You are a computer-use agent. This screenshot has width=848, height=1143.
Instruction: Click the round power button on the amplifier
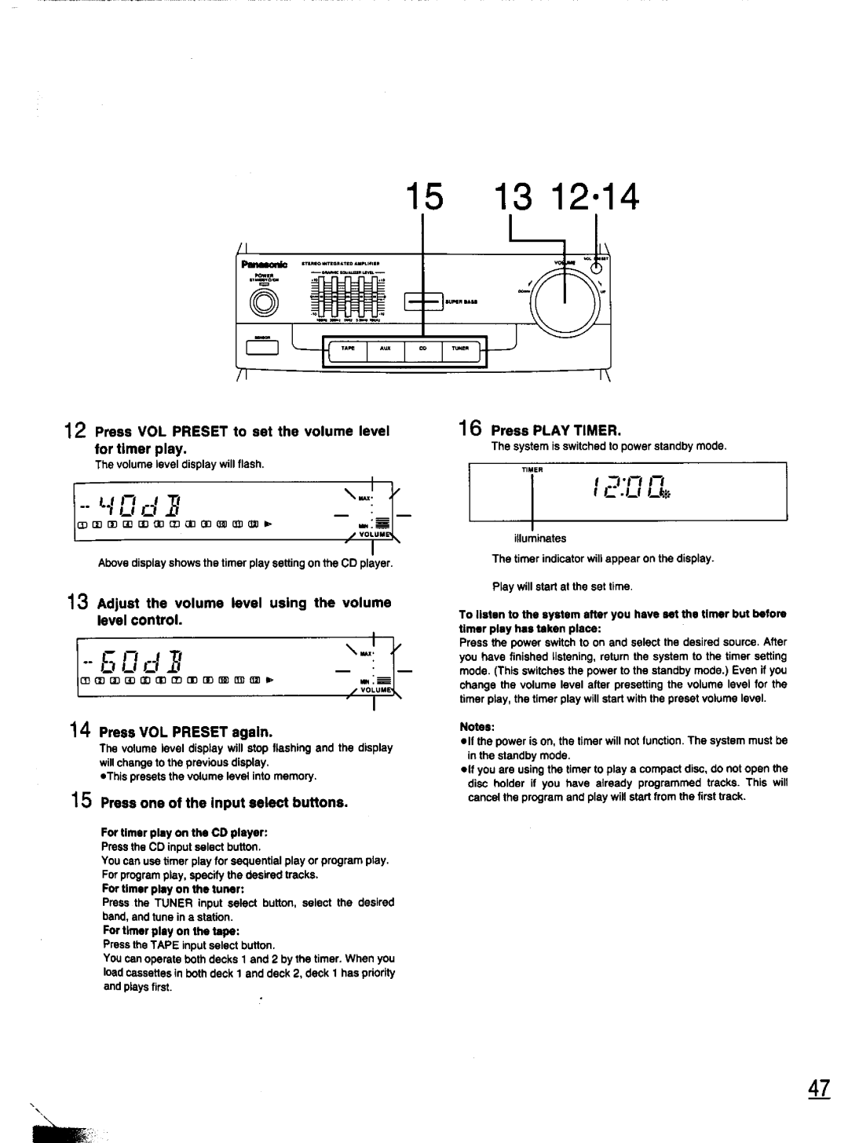click(x=263, y=301)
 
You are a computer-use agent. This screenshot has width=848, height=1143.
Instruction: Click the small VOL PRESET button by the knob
click(x=595, y=263)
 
